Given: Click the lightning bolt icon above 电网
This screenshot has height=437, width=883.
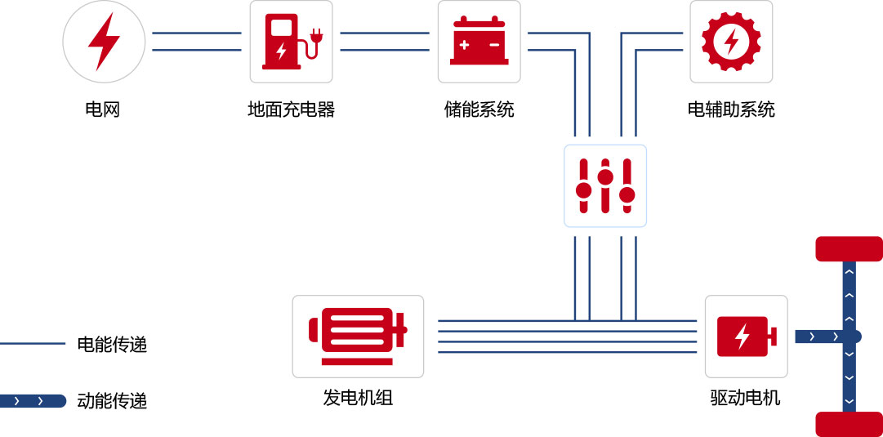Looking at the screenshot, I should click(104, 42).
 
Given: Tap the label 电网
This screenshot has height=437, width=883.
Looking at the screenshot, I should click(103, 109).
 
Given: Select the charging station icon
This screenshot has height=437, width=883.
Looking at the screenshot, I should click(291, 42).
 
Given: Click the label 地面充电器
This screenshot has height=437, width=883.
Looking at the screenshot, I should click(291, 109).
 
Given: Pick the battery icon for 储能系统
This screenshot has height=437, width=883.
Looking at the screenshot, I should click(479, 42).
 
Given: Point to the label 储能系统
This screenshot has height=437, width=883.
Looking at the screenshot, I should click(479, 109).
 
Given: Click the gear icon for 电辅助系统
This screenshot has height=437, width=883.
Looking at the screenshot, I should click(731, 42).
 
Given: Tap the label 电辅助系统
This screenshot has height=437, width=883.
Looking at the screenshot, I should click(731, 109).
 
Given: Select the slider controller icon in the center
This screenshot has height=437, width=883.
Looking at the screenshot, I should click(605, 185).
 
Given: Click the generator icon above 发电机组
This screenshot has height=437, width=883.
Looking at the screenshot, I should click(358, 336).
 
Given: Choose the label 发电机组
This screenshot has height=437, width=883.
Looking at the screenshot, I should click(358, 399).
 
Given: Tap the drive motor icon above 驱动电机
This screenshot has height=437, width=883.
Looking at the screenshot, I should click(746, 336).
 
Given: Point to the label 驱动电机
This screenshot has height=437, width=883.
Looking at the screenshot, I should click(746, 399).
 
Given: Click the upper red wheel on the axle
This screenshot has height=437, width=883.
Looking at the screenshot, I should click(850, 248).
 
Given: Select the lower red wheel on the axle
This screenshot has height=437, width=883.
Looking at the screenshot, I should click(850, 424).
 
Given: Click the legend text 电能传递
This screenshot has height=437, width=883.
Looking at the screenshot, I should click(112, 345).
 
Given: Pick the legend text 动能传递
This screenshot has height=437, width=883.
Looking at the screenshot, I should click(112, 401).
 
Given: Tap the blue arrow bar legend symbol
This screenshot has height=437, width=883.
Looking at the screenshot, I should click(33, 401).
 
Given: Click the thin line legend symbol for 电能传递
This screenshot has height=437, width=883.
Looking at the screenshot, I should click(33, 344).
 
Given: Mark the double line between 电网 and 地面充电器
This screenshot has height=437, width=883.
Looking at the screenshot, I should click(197, 42).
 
